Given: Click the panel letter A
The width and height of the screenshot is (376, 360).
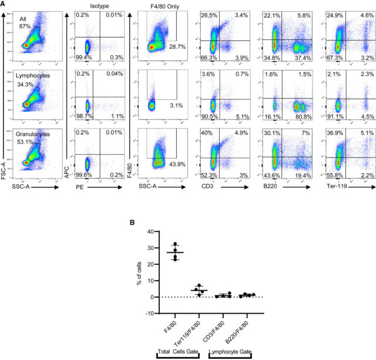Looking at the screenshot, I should pyautogui.click(x=4, y=4).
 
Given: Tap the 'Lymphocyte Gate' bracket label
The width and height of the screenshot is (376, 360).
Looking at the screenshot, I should pyautogui.click(x=231, y=351).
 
